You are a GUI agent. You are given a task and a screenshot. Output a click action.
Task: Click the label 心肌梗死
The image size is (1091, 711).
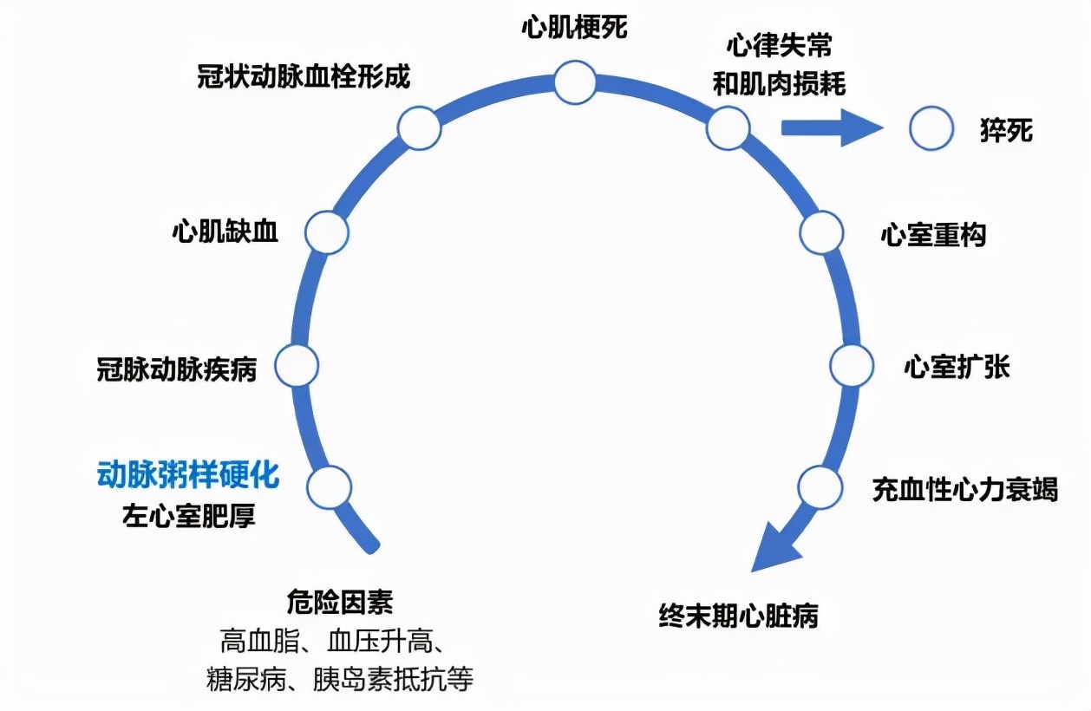[x=573, y=27]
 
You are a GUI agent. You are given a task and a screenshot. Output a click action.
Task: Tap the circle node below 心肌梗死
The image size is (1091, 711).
[x=575, y=83]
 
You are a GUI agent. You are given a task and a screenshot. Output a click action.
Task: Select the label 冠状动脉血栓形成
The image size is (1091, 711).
[x=304, y=76]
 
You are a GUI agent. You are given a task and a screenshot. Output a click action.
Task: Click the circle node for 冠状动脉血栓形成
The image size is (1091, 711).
[x=419, y=128]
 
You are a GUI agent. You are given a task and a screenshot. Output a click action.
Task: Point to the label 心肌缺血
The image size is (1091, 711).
[x=225, y=232]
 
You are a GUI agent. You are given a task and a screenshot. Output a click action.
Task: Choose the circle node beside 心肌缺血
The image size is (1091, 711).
[x=327, y=232]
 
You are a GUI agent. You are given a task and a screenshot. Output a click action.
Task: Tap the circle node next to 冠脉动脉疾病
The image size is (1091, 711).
[x=297, y=365]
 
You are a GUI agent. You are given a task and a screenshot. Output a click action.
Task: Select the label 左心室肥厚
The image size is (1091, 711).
[x=189, y=517]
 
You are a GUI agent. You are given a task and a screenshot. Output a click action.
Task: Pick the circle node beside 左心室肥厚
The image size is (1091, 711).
[x=330, y=487]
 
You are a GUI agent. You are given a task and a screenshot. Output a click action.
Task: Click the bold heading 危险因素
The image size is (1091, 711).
[x=339, y=601]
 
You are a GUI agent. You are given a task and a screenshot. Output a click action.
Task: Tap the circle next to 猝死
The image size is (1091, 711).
[x=931, y=128]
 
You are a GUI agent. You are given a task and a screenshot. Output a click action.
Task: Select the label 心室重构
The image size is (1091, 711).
[x=933, y=235]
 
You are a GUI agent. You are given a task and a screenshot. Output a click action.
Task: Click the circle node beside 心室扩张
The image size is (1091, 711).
[x=851, y=365]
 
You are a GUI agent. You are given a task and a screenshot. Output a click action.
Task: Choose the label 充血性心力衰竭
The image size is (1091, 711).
[x=964, y=489]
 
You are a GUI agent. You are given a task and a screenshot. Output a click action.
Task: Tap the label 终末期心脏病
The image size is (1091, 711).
[x=738, y=616]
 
